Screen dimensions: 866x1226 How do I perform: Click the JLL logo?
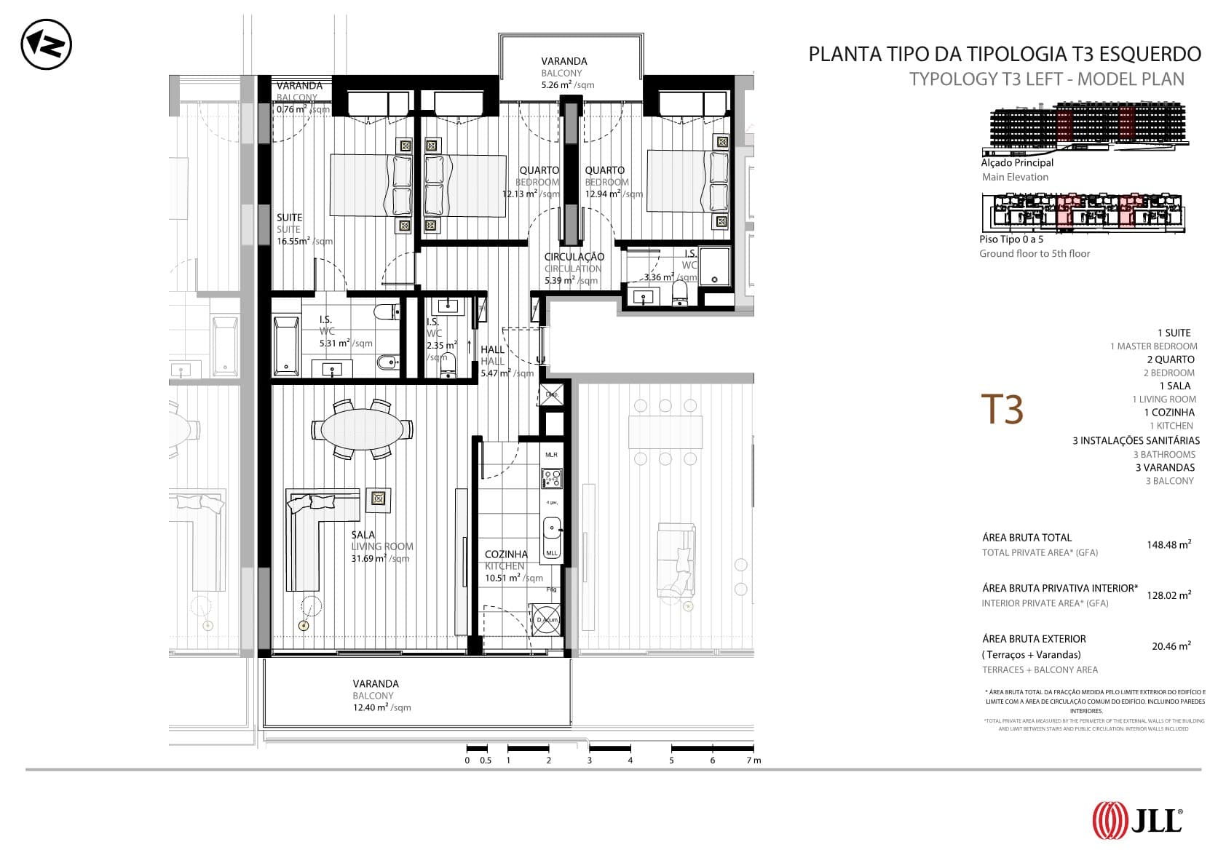[x=1136, y=820]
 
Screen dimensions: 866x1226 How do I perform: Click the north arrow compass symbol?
[x=46, y=45]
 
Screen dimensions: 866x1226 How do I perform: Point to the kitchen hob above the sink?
[x=551, y=478]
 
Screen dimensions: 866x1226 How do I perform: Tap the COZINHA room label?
[x=506, y=554]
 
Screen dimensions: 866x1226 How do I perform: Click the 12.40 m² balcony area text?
[x=371, y=707]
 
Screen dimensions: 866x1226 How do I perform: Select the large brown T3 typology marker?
[x=1002, y=409]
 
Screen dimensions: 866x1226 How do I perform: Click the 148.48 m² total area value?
[x=1168, y=544]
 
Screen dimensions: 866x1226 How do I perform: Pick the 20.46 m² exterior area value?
[x=1171, y=645]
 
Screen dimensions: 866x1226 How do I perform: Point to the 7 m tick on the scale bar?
[x=749, y=760]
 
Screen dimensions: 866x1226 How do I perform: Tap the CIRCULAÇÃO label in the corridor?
[x=574, y=256]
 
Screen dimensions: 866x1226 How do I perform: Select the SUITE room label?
[x=289, y=217]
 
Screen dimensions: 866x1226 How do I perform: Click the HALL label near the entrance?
[x=492, y=349]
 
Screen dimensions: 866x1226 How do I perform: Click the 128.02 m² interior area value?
[x=1168, y=595]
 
